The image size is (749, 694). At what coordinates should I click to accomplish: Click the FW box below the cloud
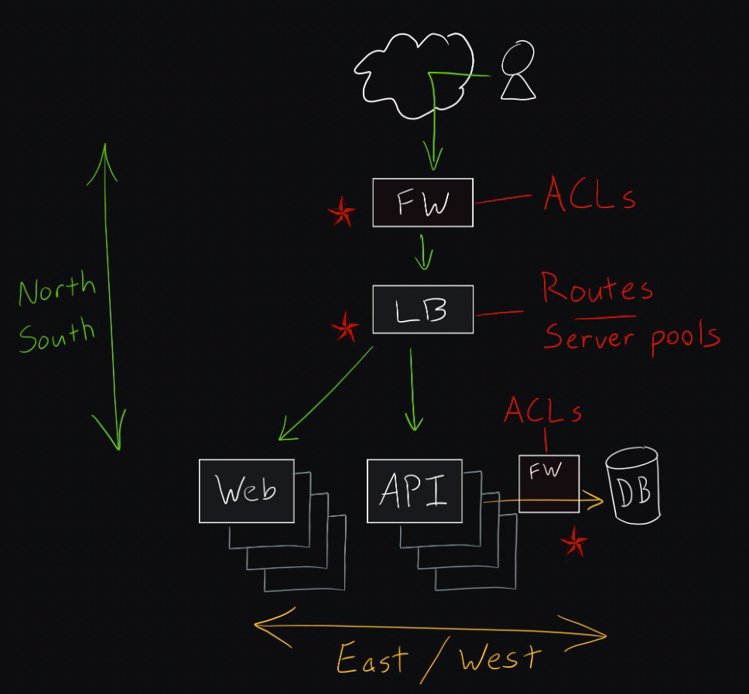pos(422,203)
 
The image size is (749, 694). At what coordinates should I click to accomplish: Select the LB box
pos(422,309)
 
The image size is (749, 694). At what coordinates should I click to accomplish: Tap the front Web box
pos(247,491)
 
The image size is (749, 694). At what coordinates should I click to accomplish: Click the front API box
pos(415,491)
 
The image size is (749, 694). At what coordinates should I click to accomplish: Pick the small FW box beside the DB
pos(549,484)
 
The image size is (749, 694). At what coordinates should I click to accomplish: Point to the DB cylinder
pos(633,485)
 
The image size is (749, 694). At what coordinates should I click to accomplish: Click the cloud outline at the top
pos(414,76)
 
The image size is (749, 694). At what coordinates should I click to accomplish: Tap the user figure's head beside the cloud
pos(518,56)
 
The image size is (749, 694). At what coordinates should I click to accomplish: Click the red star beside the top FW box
pos(341,211)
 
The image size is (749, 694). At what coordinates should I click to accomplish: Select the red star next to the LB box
pos(345,326)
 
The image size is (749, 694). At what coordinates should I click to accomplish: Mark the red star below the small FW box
pos(573,541)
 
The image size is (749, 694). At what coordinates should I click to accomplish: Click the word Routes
pos(597,287)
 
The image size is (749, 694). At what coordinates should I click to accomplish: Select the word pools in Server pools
pos(686,337)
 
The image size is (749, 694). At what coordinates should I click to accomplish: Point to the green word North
pos(57,288)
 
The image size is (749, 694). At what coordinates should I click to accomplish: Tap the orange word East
pos(373,658)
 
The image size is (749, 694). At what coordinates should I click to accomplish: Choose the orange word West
pos(500,656)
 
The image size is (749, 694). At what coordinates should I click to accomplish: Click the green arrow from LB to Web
pos(326,393)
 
